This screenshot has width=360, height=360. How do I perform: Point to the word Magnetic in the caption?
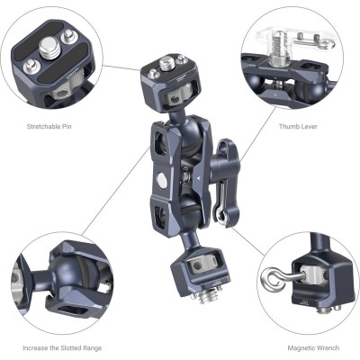(x=283, y=347)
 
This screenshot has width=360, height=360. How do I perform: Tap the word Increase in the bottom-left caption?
(x=38, y=347)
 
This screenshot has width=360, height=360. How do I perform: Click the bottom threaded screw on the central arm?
(x=193, y=292)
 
